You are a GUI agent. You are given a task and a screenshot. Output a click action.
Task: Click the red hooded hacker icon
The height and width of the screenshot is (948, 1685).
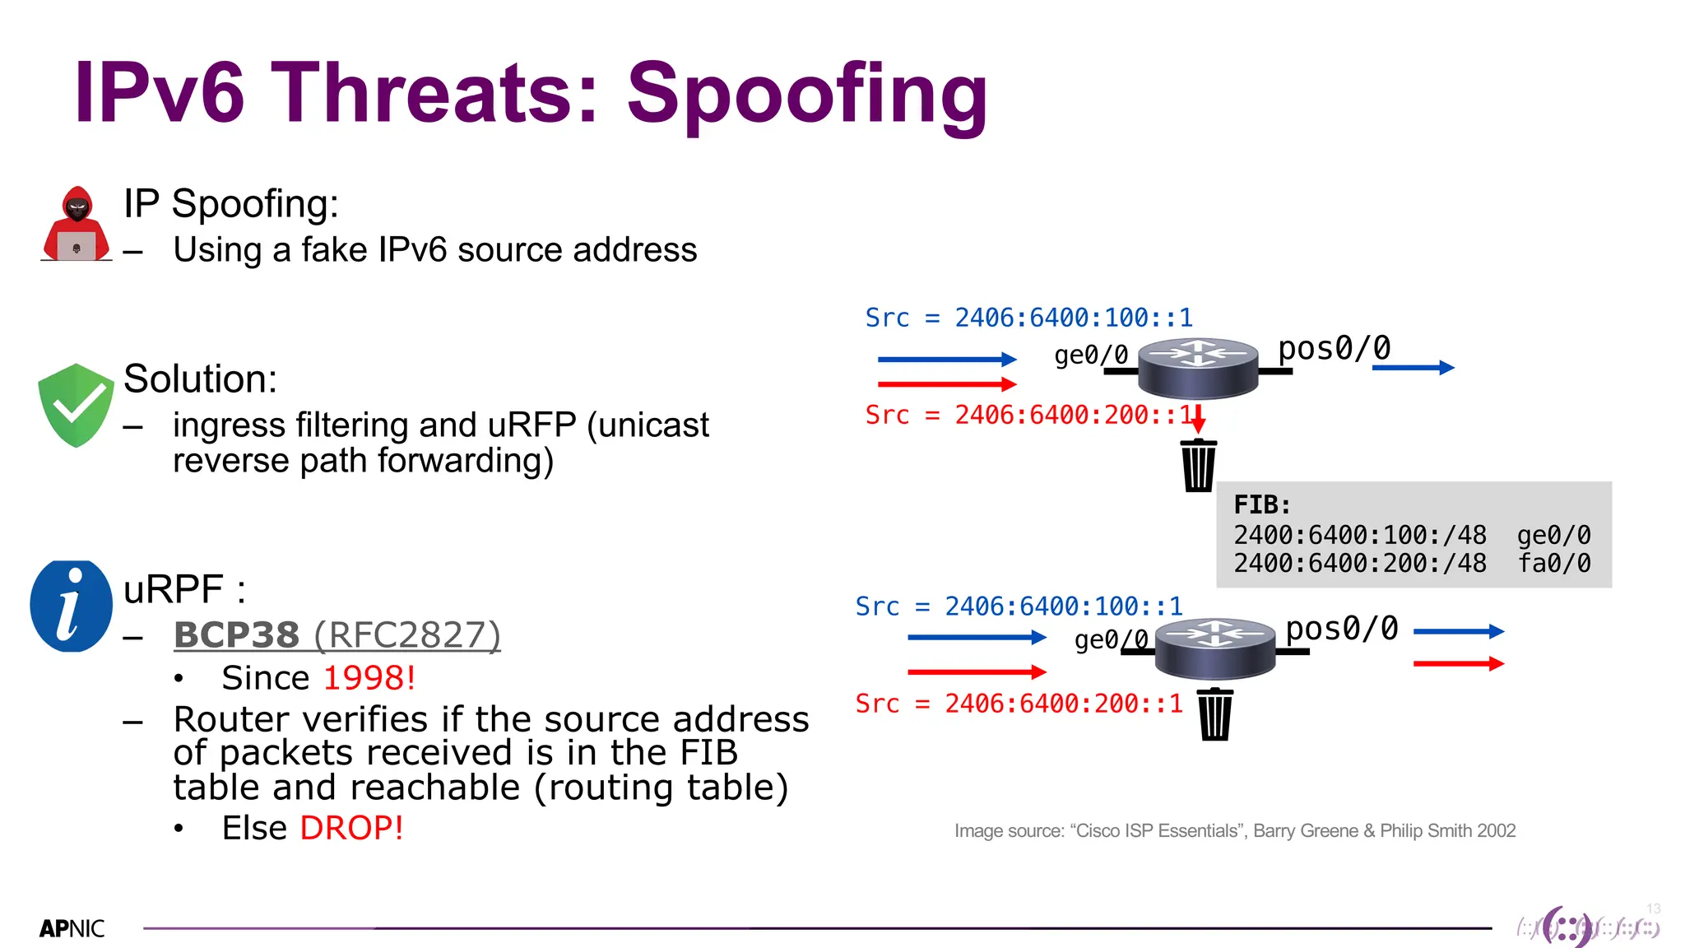pyautogui.click(x=76, y=224)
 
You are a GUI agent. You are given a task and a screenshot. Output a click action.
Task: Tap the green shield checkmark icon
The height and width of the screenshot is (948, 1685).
pyautogui.click(x=76, y=405)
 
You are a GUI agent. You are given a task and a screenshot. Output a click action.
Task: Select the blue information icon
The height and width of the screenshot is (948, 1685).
pyautogui.click(x=71, y=606)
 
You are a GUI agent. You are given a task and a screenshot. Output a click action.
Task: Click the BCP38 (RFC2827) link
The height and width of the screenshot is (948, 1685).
pyautogui.click(x=337, y=635)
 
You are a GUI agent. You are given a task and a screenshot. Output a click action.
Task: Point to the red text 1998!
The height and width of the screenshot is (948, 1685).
pyautogui.click(x=369, y=678)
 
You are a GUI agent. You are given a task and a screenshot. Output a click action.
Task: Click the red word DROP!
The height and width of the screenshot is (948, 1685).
pyautogui.click(x=351, y=828)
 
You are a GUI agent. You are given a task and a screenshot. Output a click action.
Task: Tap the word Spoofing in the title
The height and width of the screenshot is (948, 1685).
pyautogui.click(x=806, y=94)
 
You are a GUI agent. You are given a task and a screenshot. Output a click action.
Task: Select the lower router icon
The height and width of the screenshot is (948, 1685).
pyautogui.click(x=1214, y=648)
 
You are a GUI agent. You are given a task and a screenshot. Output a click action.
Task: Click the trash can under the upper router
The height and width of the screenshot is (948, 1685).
pyautogui.click(x=1198, y=466)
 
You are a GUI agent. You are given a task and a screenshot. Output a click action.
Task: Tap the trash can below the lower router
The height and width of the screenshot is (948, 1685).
pyautogui.click(x=1214, y=714)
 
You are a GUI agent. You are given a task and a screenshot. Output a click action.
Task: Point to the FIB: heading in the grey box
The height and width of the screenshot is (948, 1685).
pyautogui.click(x=1262, y=504)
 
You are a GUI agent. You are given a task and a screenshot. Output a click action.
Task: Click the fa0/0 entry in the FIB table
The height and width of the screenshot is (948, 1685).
pyautogui.click(x=1554, y=564)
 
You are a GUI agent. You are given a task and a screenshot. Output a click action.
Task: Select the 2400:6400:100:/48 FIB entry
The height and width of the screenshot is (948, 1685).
pyautogui.click(x=1359, y=536)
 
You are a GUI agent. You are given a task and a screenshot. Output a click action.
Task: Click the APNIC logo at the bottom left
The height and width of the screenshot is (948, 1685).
pyautogui.click(x=72, y=928)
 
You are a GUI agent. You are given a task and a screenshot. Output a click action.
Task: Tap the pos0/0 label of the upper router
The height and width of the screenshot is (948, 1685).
pyautogui.click(x=1334, y=349)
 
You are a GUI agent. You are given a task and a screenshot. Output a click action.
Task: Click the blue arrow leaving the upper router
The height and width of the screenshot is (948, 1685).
pyautogui.click(x=1413, y=368)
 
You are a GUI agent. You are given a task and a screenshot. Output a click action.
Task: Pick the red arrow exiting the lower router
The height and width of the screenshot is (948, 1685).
pyautogui.click(x=1458, y=663)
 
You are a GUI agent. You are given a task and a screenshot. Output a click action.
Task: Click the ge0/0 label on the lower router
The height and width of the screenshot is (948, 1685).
pyautogui.click(x=1111, y=639)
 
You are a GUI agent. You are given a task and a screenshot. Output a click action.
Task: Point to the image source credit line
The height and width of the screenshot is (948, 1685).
pyautogui.click(x=1234, y=831)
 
